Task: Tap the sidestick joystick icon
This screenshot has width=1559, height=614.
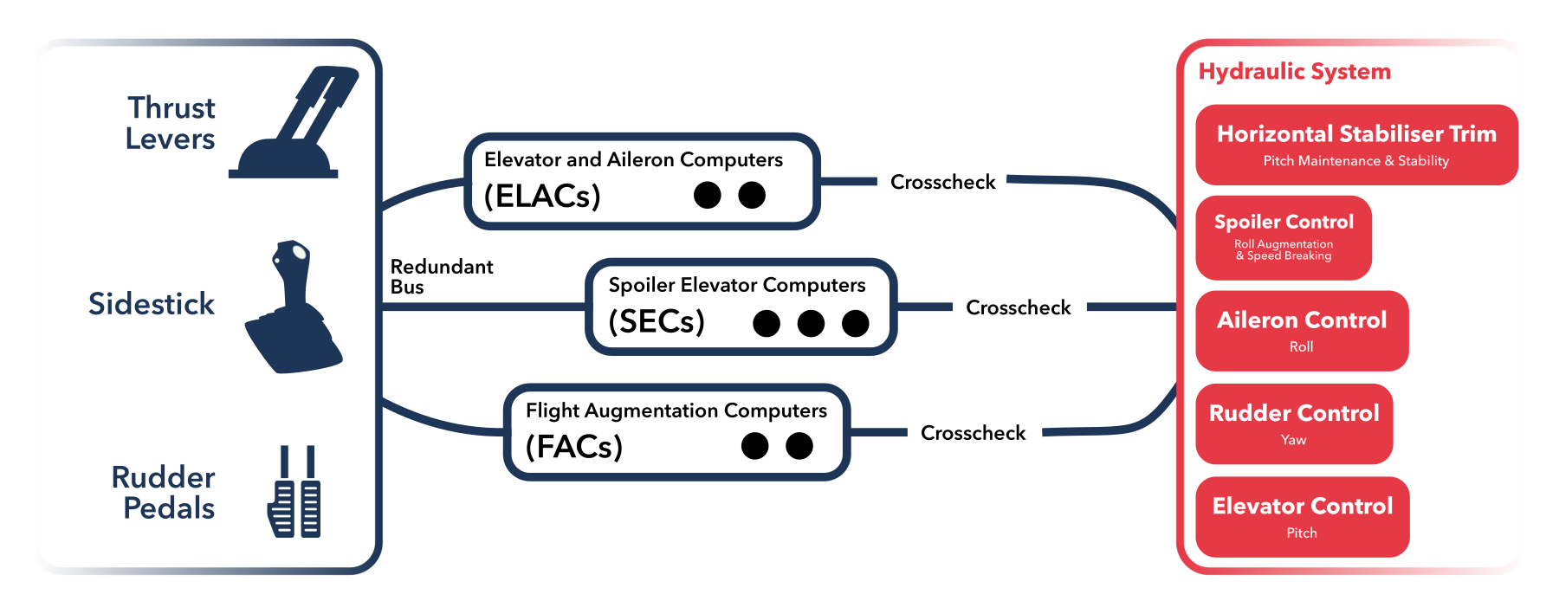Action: [293, 312]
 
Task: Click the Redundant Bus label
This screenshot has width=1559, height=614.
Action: [441, 276]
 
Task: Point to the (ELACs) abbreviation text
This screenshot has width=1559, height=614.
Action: [542, 196]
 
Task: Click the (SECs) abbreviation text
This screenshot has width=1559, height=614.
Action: [657, 321]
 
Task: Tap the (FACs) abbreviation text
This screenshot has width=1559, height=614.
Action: [574, 447]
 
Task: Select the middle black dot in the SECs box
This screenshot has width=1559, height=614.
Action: [811, 323]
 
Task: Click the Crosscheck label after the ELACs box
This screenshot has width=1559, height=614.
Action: [942, 182]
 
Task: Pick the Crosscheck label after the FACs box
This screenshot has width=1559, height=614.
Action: [973, 433]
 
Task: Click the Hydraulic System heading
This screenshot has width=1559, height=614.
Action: [1294, 71]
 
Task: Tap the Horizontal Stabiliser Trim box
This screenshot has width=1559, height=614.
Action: [1356, 145]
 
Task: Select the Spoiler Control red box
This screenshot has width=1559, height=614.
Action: [1283, 237]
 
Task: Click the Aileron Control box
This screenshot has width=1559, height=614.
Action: [1301, 331]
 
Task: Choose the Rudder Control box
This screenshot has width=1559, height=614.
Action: [1293, 423]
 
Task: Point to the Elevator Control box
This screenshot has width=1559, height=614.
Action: [1302, 516]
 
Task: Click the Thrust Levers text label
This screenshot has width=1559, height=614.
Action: [171, 123]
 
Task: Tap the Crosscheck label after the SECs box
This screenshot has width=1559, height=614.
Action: [1018, 307]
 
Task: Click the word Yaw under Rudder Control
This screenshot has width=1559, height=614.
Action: [1293, 440]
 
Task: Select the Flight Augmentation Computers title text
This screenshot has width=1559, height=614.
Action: [676, 410]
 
